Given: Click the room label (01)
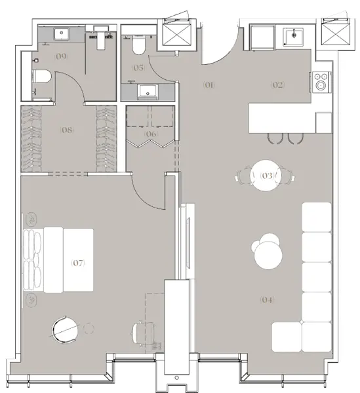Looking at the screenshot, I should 209,84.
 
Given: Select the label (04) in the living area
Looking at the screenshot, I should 266,301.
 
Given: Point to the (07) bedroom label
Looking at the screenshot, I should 78,263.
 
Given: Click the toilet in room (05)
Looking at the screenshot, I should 139,47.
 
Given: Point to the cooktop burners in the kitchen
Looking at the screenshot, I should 321,81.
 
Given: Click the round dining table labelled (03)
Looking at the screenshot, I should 266,176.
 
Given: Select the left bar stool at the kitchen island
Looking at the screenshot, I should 273,137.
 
